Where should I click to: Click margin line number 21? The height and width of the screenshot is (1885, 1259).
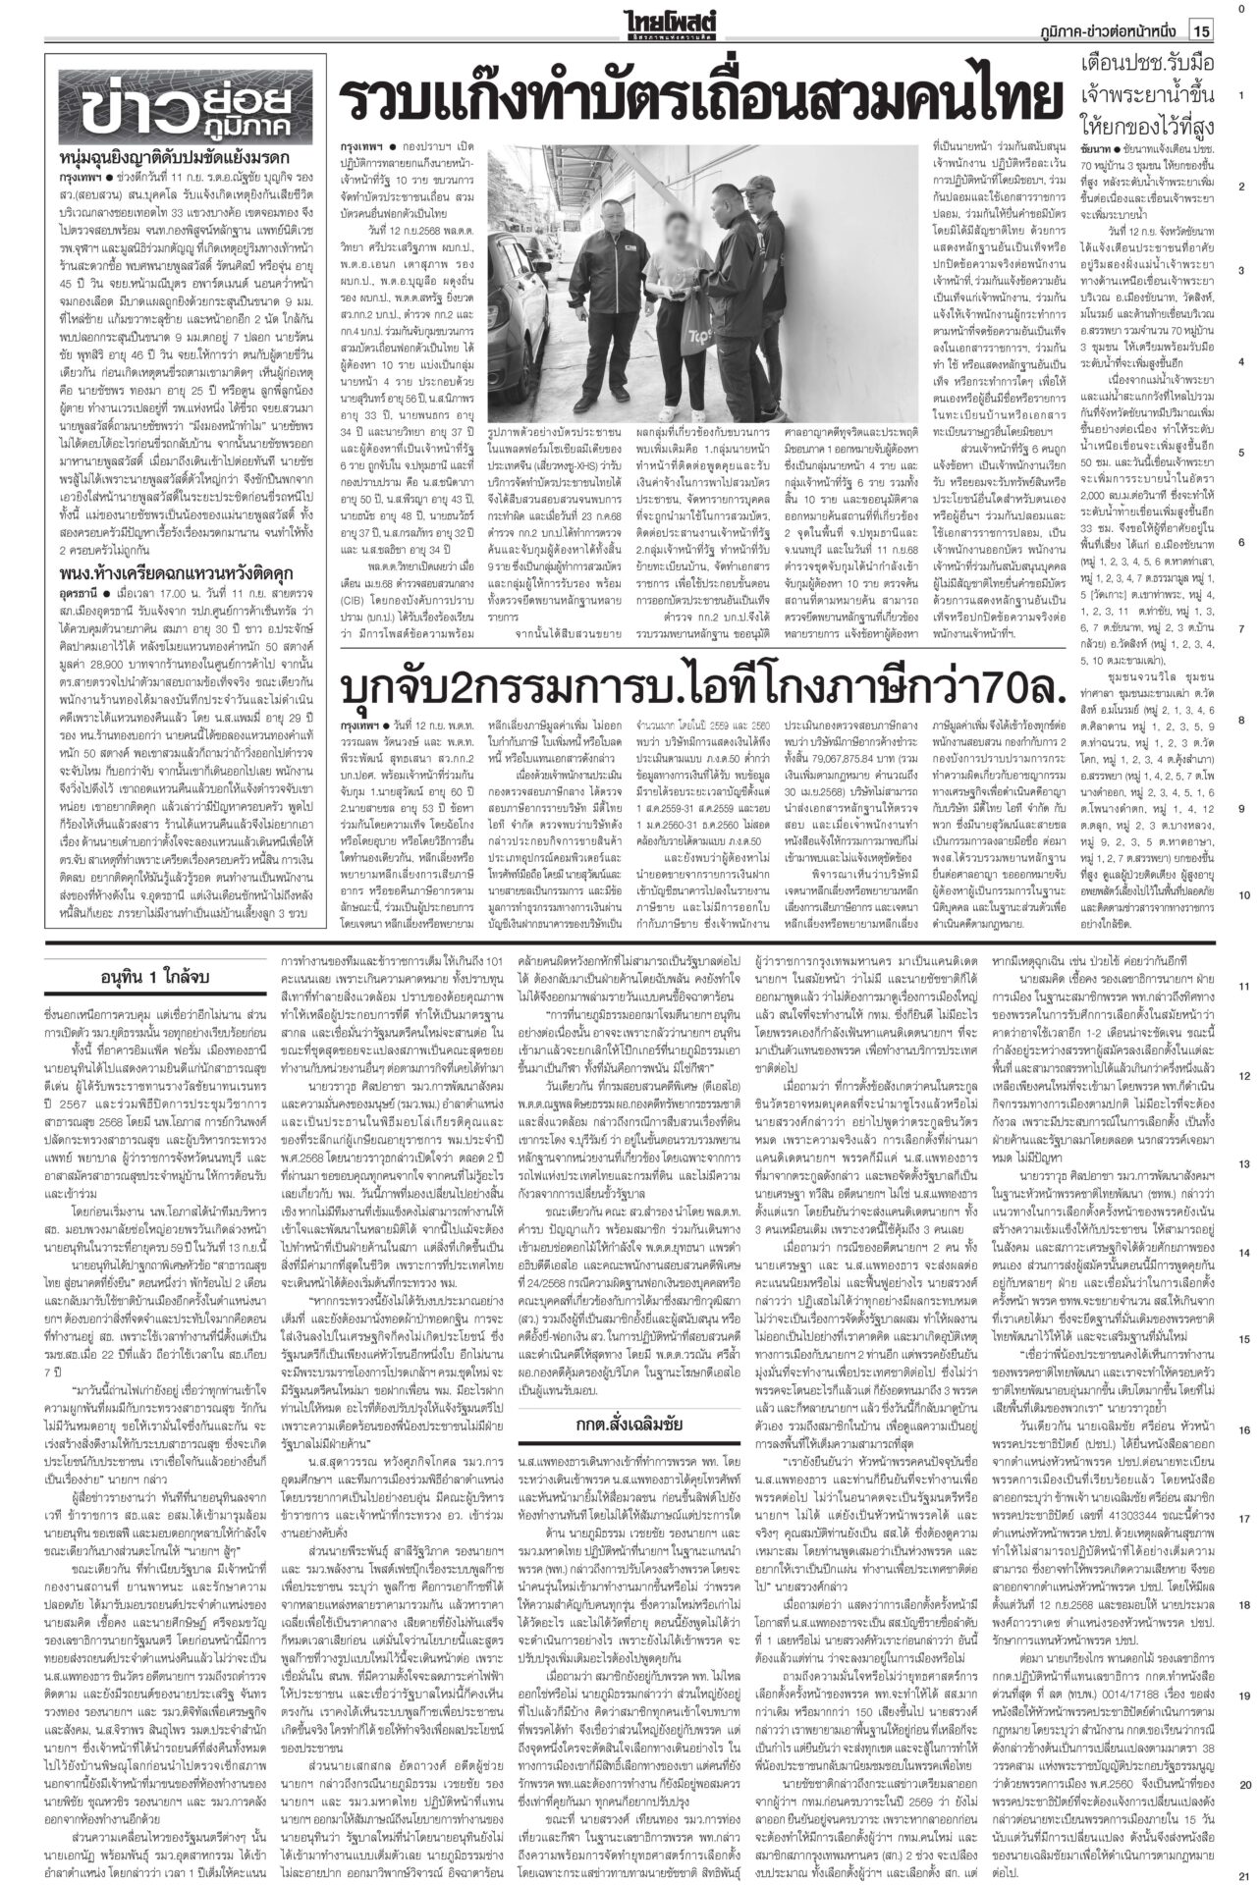pos(1243,1872)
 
